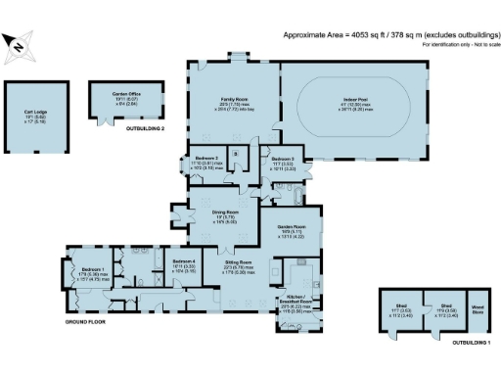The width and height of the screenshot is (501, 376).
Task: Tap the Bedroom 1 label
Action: click(93, 270)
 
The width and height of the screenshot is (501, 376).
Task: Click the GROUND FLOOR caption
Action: click(86, 322)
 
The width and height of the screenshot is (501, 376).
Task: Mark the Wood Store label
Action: click(478, 309)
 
